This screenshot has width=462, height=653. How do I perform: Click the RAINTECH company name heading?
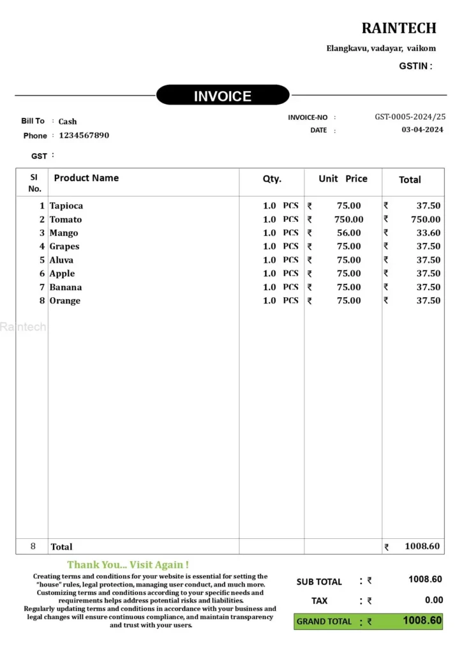tap(399, 28)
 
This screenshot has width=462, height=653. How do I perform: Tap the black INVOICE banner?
tap(223, 96)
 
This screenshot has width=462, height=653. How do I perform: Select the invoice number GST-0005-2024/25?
tap(410, 117)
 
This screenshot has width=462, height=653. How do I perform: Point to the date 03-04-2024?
tap(422, 129)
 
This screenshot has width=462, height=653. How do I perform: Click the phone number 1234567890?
tap(84, 135)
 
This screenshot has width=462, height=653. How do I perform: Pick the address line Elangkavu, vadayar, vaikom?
tap(381, 48)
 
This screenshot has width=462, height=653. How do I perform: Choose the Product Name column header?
tap(86, 178)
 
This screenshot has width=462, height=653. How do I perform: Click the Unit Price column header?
tap(343, 179)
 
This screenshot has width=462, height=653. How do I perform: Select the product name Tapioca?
tap(66, 205)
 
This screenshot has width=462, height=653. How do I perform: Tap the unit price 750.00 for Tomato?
tap(349, 219)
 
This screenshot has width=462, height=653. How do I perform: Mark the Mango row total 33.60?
tap(428, 233)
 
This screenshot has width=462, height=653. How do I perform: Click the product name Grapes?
tap(64, 246)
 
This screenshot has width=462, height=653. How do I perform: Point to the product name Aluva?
tap(61, 260)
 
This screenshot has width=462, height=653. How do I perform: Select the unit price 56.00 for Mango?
tap(349, 233)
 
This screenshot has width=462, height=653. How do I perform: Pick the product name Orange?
tap(65, 300)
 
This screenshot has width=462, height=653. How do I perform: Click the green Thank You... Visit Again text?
tap(128, 564)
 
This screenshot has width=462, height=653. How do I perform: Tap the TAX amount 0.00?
tap(433, 599)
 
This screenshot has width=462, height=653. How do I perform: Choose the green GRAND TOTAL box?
tap(368, 620)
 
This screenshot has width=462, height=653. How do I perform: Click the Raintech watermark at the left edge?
tap(23, 326)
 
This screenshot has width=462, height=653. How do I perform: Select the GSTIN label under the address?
tap(415, 66)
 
